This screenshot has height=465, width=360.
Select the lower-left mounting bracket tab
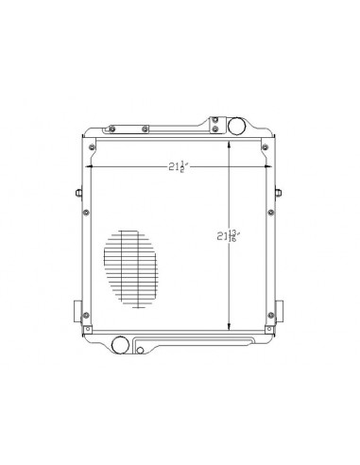[77, 313]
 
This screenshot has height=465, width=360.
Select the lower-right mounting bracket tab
[280, 313]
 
